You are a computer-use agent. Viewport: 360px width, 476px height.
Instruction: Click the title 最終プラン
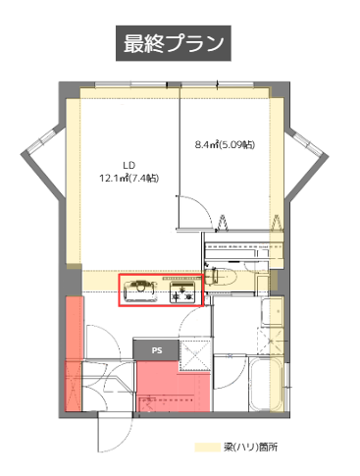(174, 43)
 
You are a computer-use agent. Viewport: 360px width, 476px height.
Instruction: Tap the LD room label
(129, 165)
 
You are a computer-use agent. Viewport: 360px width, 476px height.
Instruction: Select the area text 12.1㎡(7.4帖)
(129, 179)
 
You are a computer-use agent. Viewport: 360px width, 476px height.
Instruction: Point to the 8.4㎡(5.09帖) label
(225, 144)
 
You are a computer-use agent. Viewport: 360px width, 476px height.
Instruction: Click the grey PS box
(156, 350)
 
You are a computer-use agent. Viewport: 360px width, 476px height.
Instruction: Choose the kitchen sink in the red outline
(140, 291)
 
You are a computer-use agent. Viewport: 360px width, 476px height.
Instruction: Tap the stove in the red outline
(182, 291)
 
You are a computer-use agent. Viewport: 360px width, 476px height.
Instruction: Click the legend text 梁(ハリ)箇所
(251, 447)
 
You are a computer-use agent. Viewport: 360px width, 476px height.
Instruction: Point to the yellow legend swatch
(208, 448)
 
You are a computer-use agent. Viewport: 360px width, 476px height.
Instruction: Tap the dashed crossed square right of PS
(195, 355)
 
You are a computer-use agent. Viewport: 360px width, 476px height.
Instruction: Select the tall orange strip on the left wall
(74, 353)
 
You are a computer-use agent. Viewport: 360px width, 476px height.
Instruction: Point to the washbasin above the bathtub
(272, 312)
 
